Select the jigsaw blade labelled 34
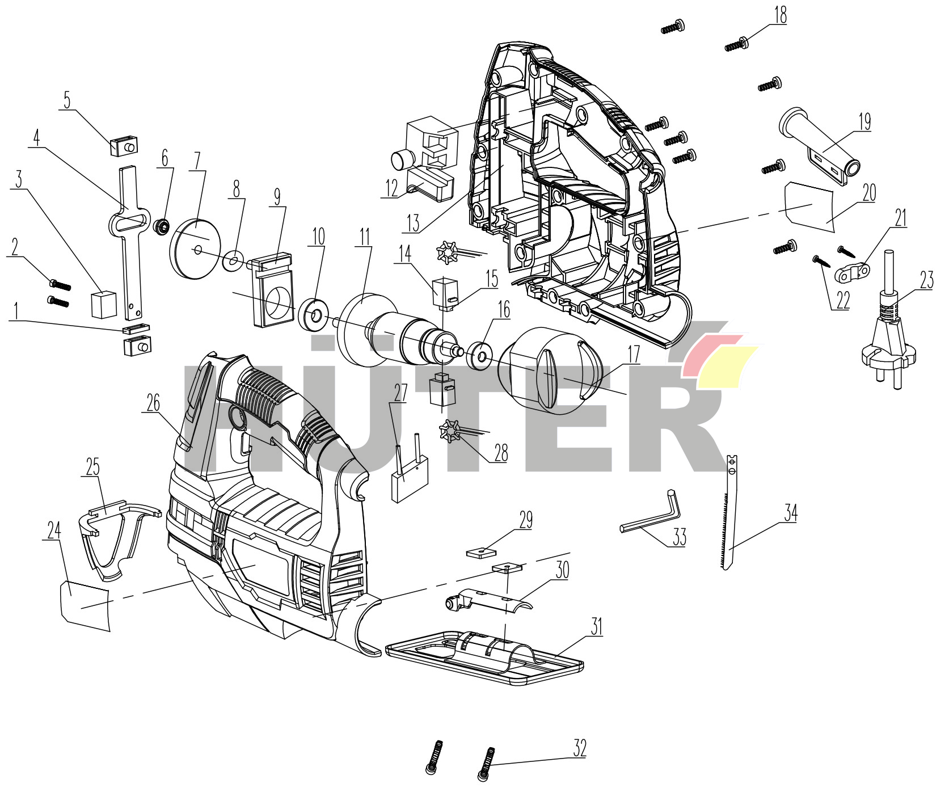point(730,513)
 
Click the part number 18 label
point(781,15)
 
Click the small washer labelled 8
point(233,261)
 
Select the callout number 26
point(153,403)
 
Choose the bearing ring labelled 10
point(313,314)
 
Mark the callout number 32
point(579,748)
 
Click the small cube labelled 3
point(104,305)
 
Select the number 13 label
point(413,224)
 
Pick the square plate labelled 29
point(482,552)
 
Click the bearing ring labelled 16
point(479,355)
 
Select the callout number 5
point(68,100)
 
